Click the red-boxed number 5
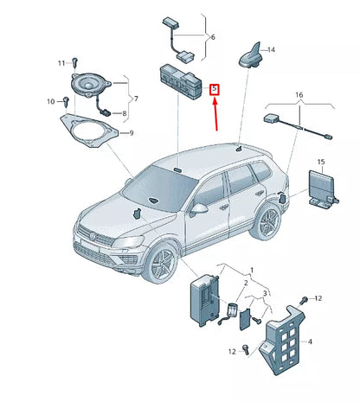point(217,89)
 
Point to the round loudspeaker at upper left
point(90,87)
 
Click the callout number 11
point(61,63)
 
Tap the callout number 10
point(49,102)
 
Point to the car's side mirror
point(200,208)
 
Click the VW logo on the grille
point(94,232)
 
